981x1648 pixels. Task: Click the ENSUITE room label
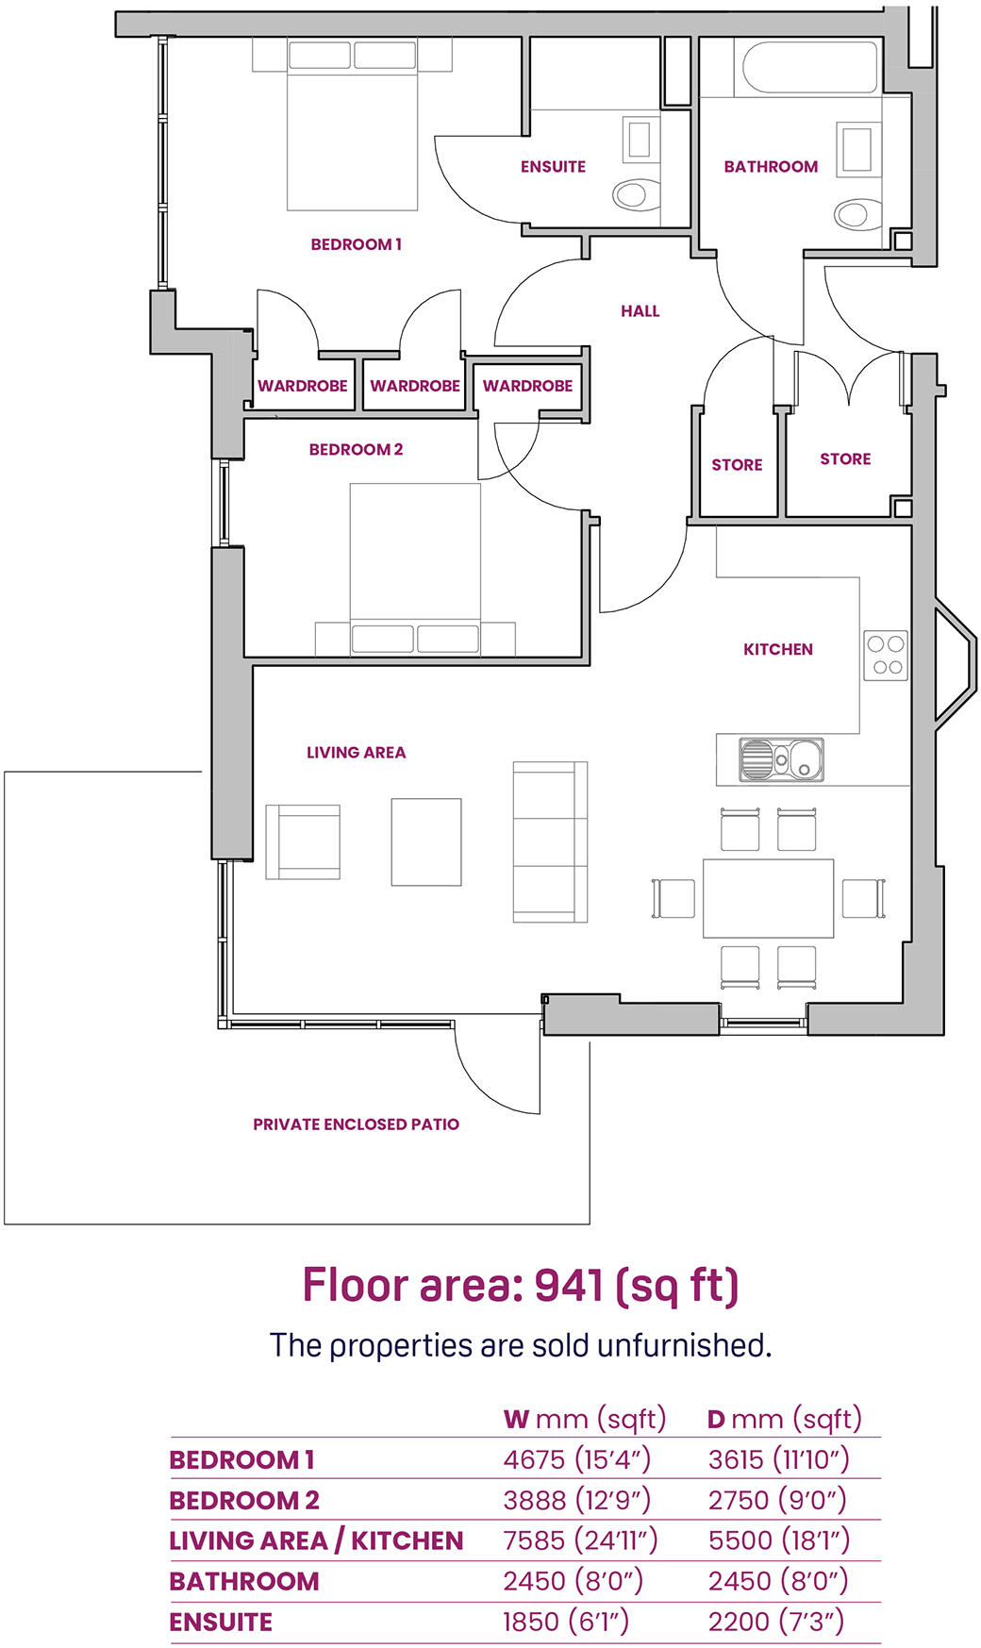coord(553,167)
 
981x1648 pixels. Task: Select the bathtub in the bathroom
coord(809,66)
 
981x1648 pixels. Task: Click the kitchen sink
coord(781,759)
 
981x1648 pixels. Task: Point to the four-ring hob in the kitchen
coord(886,656)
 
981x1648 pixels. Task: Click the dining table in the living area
coord(768,897)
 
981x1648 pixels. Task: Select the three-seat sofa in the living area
coord(549,841)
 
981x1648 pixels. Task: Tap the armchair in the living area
coord(303,841)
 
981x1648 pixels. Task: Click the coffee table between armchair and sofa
coord(426,841)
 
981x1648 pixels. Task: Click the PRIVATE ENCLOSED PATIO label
coord(356,1124)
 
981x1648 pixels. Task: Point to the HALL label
coord(640,311)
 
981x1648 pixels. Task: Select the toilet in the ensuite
coord(635,195)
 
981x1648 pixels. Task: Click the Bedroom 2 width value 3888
coord(535,1500)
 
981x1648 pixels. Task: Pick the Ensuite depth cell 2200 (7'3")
coord(776,1622)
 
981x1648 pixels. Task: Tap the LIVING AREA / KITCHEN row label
coord(316,1540)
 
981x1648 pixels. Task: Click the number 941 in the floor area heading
coord(569,1285)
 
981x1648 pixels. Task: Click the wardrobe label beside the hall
coord(527,386)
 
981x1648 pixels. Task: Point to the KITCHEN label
coord(777,649)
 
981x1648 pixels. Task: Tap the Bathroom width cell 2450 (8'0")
coord(573,1581)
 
